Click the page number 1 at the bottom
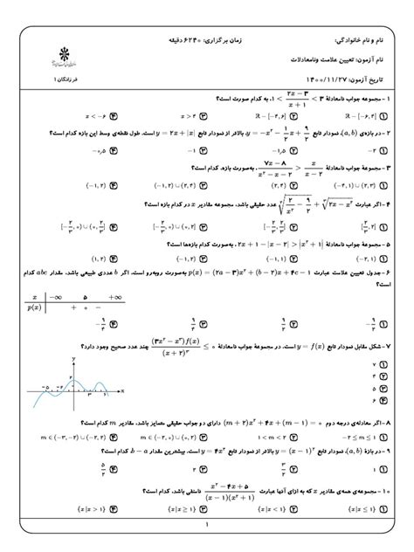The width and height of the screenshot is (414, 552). pyautogui.click(x=207, y=525)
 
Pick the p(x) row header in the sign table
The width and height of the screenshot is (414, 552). pyautogui.click(x=36, y=307)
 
